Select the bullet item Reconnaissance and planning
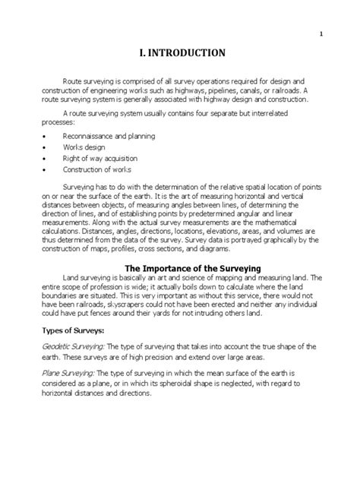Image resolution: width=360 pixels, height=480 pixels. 109,135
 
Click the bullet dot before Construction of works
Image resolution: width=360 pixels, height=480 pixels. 45,169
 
